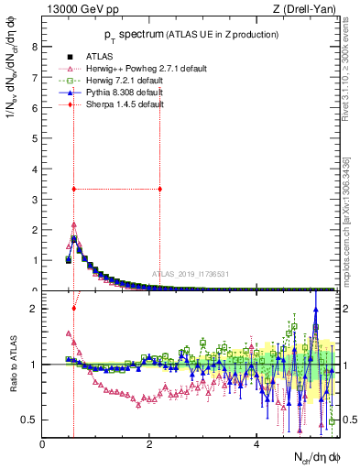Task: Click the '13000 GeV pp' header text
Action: click(x=81, y=10)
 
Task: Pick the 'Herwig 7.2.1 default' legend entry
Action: click(x=128, y=80)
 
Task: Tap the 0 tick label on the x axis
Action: click(x=43, y=443)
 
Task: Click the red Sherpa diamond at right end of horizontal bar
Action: click(x=160, y=190)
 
